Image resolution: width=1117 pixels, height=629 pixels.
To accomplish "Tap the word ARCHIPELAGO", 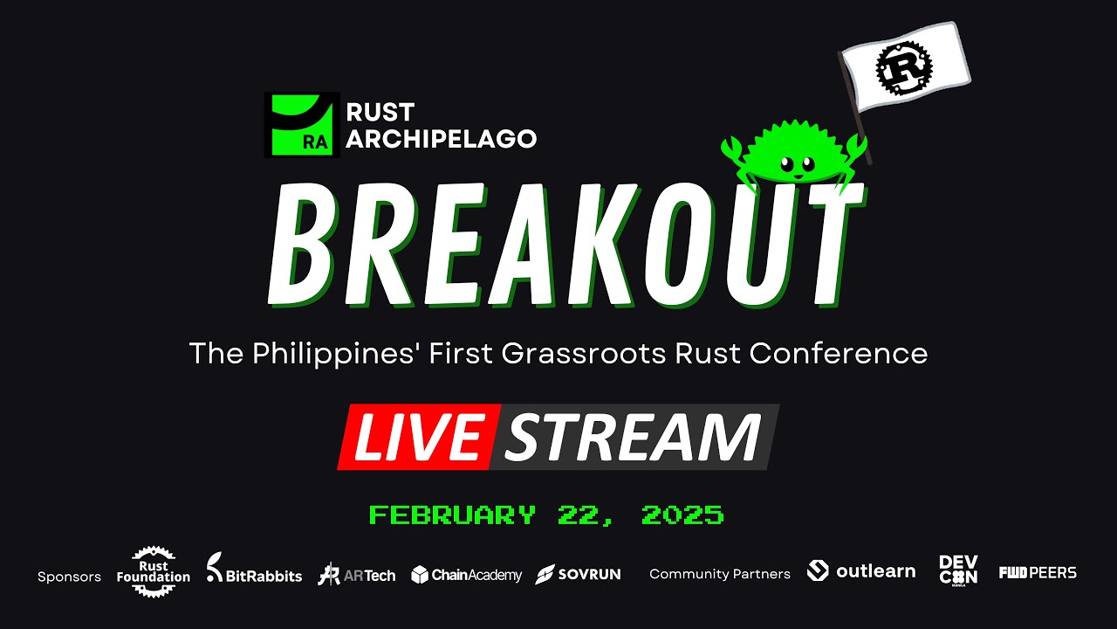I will pos(441,139).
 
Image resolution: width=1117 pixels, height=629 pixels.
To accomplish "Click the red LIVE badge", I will pos(420,437).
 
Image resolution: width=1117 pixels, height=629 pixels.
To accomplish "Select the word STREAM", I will pos(633,437).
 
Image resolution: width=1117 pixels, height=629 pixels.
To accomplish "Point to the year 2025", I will pos(682,515).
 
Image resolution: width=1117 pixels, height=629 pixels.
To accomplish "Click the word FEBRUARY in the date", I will pos(452,515).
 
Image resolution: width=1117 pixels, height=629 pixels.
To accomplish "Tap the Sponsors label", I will pos(69,577).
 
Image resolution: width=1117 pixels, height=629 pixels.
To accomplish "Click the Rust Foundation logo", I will pos(154,571).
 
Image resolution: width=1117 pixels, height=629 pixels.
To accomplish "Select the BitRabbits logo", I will pos(254,571).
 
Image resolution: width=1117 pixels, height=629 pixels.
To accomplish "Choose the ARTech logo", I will pos(356,574).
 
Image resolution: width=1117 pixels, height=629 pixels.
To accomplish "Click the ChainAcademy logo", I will pos(466,574).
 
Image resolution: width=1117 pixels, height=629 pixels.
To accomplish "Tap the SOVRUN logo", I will pos(578,574).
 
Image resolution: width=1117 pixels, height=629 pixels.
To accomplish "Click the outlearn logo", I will pos(861,571).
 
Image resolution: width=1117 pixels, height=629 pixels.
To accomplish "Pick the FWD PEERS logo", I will pos(1038,572).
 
